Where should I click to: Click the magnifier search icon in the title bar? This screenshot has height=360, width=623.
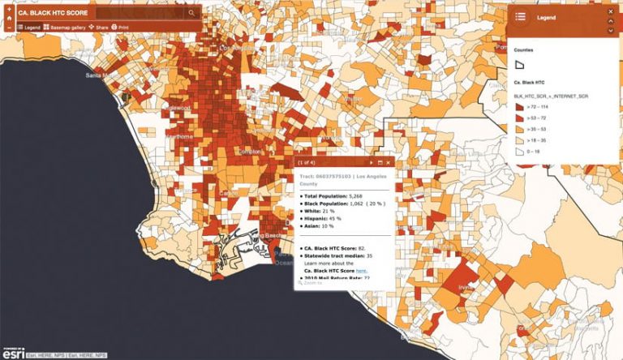(x=192, y=13)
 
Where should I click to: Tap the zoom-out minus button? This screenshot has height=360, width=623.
(x=7, y=27)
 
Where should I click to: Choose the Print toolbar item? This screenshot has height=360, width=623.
(x=120, y=28)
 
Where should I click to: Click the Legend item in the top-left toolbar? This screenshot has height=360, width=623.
(x=28, y=28)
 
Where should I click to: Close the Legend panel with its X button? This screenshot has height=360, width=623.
(x=610, y=16)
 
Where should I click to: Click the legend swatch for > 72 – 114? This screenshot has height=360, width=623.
(x=520, y=107)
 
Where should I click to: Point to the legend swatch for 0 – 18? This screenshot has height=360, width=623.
(x=520, y=151)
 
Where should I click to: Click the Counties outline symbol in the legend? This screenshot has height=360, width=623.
(x=520, y=64)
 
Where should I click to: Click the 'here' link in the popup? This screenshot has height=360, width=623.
(x=361, y=271)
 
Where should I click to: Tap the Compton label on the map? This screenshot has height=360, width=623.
(x=251, y=152)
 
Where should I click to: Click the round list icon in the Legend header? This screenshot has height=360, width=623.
(x=520, y=16)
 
